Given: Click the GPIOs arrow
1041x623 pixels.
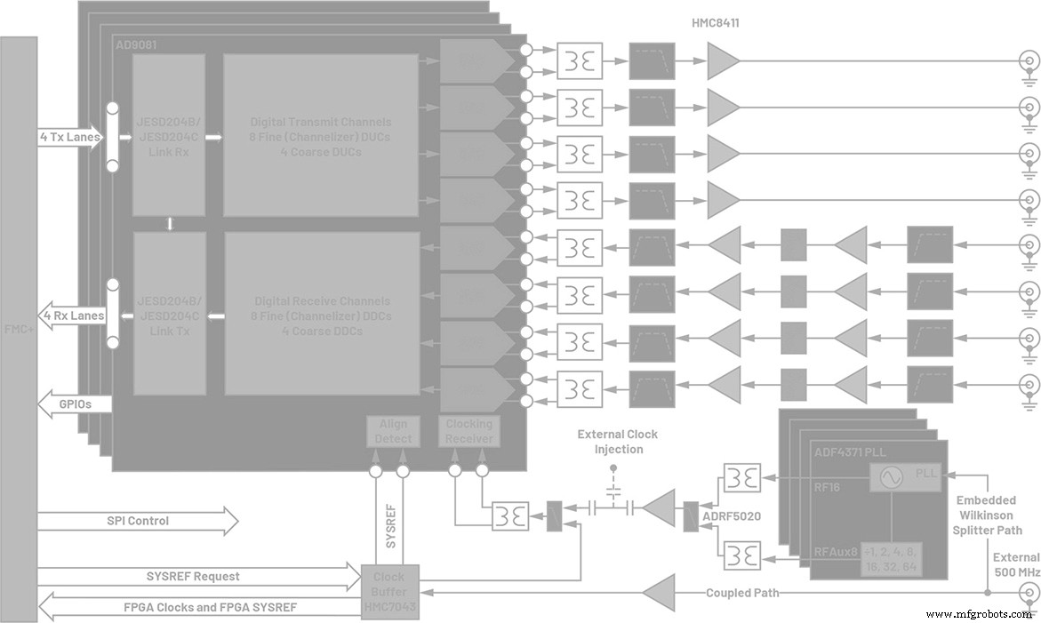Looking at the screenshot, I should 76,404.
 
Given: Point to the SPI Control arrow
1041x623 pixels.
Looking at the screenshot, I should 138,520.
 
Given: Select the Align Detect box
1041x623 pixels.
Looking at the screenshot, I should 393,432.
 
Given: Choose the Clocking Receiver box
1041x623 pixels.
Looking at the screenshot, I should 468,432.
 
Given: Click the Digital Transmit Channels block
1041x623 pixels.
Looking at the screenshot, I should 320,136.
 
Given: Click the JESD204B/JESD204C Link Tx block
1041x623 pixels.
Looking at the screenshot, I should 169,315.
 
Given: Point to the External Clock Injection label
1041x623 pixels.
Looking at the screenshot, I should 617,442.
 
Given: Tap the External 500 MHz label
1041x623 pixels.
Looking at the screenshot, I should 1016,564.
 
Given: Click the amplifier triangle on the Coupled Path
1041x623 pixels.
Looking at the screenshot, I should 659,592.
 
